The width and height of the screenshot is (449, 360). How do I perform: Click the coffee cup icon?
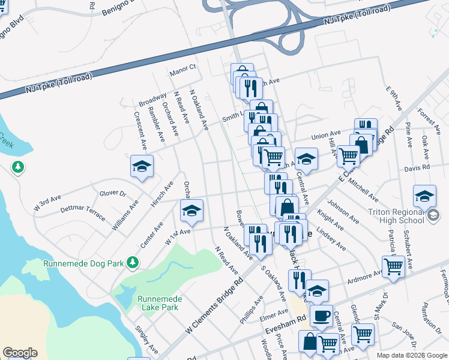[x=321, y=314]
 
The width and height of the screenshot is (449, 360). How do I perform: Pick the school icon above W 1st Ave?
[x=191, y=210]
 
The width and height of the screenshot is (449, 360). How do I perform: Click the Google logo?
[x=20, y=353]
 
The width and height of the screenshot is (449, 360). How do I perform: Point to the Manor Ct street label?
[x=183, y=69]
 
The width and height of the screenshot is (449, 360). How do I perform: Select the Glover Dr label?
[x=113, y=193]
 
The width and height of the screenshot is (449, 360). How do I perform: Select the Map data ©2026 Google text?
[x=412, y=355]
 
